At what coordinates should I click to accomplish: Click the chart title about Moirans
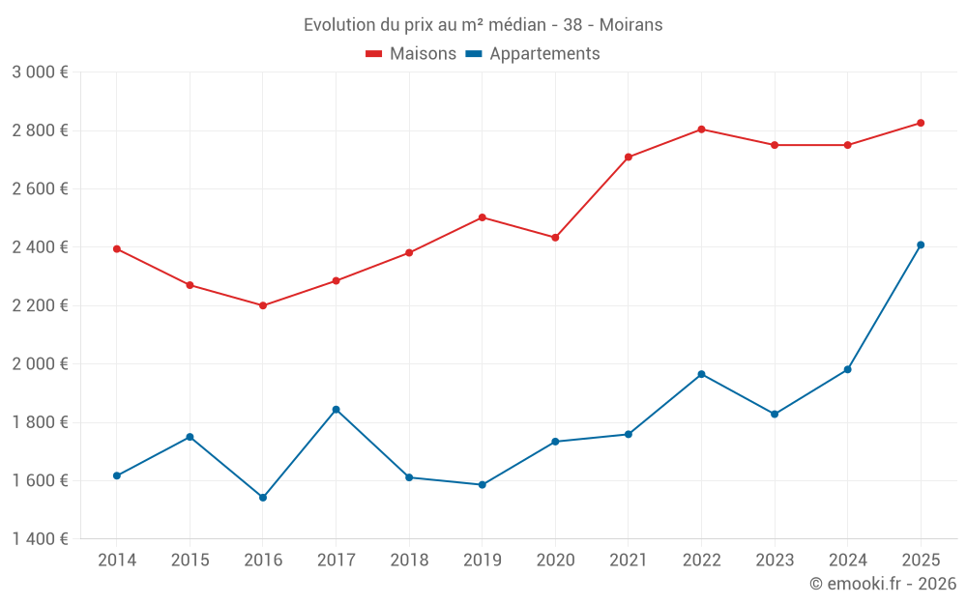[x=483, y=25]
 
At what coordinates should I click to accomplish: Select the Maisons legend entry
[x=411, y=54]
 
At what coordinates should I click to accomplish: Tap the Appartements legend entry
[x=533, y=54]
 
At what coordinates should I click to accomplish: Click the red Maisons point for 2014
[x=117, y=249]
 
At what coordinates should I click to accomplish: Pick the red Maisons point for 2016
[x=263, y=305]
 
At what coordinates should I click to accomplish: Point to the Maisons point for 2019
[x=482, y=217]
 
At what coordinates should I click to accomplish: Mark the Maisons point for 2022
[x=701, y=129]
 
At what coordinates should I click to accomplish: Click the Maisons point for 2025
[x=921, y=123]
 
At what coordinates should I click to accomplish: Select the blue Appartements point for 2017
[x=336, y=410]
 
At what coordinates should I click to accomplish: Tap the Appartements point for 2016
[x=263, y=498]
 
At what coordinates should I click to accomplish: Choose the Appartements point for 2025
[x=921, y=244]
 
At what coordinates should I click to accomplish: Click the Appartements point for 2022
[x=701, y=374]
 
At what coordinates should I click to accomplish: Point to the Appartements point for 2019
[x=482, y=485]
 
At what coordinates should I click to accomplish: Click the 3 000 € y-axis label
[x=40, y=72]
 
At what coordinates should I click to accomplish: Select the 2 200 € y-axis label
[x=40, y=305]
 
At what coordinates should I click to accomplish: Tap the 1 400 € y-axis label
[x=40, y=539]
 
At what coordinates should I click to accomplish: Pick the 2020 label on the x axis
[x=555, y=561]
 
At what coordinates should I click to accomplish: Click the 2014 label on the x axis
[x=117, y=561]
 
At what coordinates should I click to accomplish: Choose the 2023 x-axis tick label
[x=775, y=561]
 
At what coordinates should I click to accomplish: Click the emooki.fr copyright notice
[x=882, y=584]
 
